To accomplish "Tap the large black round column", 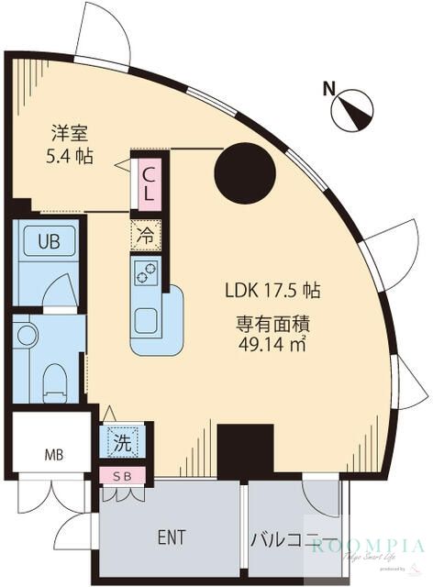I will [244, 172].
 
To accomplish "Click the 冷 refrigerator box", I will [146, 236].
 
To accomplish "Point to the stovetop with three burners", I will [146, 271].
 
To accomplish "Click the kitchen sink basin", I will [147, 320].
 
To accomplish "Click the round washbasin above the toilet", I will [28, 335].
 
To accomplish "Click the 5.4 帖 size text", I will [70, 156].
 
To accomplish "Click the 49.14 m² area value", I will [272, 345].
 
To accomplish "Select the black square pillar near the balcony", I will [245, 450].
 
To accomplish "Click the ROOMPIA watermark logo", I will [367, 548].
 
